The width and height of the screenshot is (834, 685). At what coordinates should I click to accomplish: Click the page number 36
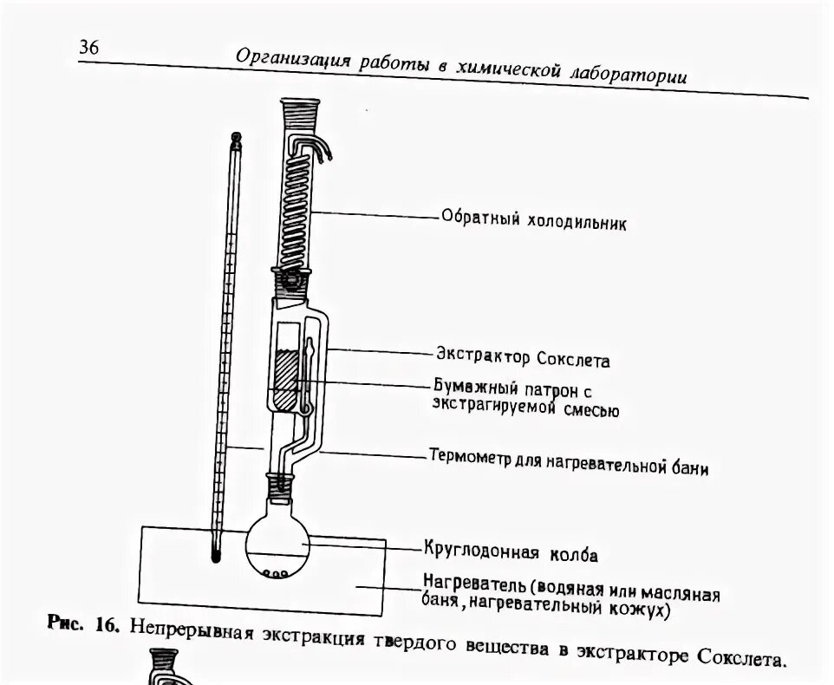click(x=89, y=49)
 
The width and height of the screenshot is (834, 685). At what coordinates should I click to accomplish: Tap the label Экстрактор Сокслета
click(x=523, y=357)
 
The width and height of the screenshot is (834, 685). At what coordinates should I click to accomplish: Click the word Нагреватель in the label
click(x=473, y=579)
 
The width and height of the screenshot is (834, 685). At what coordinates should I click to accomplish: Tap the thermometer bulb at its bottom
click(x=214, y=549)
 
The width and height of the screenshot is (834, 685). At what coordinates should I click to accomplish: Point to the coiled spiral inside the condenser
click(x=296, y=199)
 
